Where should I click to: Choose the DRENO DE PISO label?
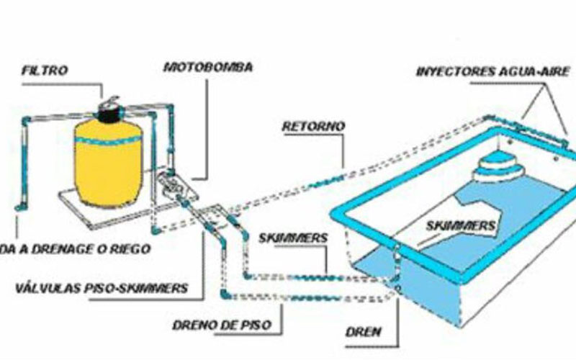[x=221, y=325]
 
